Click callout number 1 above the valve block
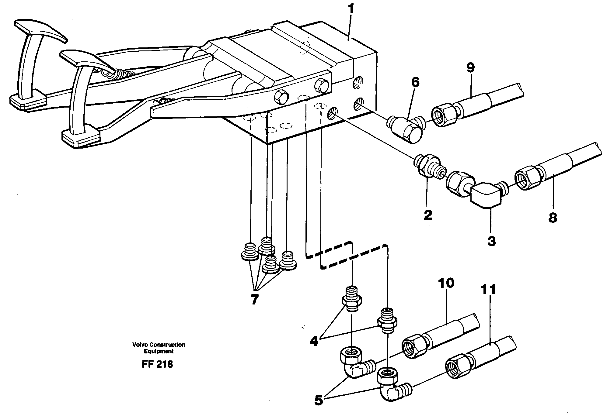tap(351, 9)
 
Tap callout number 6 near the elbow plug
tap(415, 83)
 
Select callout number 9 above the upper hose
tap(470, 68)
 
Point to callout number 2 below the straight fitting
tap(427, 215)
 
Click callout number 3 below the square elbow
tap(491, 241)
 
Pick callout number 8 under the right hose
tap(553, 218)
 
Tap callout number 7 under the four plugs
tap(254, 299)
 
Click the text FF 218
tap(157, 364)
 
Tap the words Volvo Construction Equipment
tap(159, 348)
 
